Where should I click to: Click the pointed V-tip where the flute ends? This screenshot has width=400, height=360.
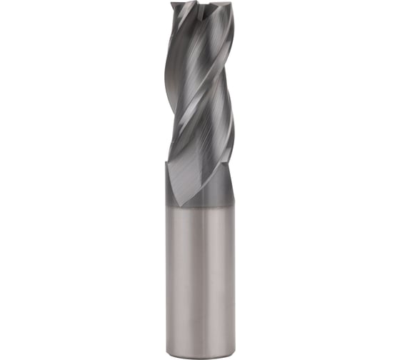click(183, 206)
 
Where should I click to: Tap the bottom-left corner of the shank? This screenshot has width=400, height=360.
click(168, 350)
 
